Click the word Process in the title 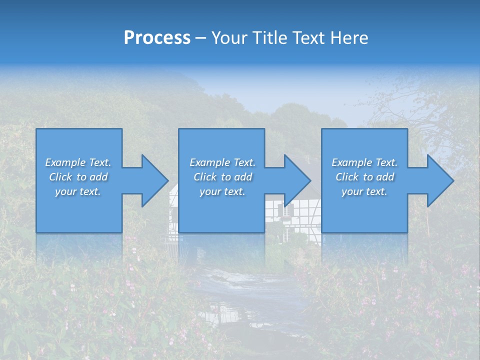pyautogui.click(x=157, y=38)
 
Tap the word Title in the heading pyautogui.click(x=270, y=38)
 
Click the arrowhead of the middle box pyautogui.click(x=296, y=180)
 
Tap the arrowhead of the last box pyautogui.click(x=439, y=180)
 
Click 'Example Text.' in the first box pyautogui.click(x=78, y=162)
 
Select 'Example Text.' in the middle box pyautogui.click(x=222, y=162)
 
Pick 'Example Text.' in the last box pyautogui.click(x=364, y=162)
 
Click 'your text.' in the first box pyautogui.click(x=78, y=191)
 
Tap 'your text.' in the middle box pyautogui.click(x=222, y=191)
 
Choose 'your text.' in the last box pyautogui.click(x=364, y=191)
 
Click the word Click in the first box pyautogui.click(x=60, y=177)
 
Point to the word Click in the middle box pyautogui.click(x=205, y=177)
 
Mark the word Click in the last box pyautogui.click(x=347, y=177)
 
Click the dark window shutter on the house pyautogui.click(x=289, y=210)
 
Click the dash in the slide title pyautogui.click(x=200, y=38)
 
